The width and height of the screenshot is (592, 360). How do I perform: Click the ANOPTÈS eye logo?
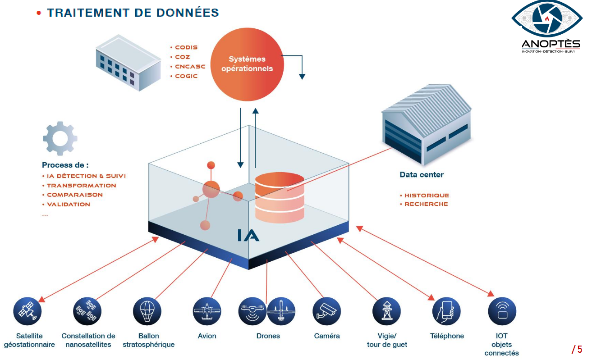click(x=546, y=20)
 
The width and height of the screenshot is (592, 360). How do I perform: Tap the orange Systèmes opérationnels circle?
click(x=247, y=64)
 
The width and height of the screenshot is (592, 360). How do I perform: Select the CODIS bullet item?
click(x=186, y=47)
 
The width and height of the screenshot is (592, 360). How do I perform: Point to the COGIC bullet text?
click(x=186, y=76)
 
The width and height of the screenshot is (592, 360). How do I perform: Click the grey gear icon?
click(x=60, y=138)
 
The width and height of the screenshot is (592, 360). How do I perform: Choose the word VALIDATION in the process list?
click(x=69, y=205)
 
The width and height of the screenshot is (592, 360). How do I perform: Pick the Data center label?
click(x=422, y=175)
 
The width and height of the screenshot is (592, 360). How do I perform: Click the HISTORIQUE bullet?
click(x=427, y=196)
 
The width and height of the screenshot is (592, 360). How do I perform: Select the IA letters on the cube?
click(x=248, y=235)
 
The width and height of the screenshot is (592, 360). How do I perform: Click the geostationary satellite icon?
click(x=27, y=311)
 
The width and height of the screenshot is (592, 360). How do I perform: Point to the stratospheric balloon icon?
click(x=147, y=311)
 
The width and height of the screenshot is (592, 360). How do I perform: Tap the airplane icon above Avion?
click(x=207, y=311)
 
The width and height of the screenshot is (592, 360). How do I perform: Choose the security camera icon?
click(x=326, y=311)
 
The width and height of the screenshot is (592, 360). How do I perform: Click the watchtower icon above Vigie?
click(x=386, y=311)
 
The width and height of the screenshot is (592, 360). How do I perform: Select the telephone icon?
click(x=446, y=311)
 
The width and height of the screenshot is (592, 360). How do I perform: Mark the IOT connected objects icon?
click(x=502, y=311)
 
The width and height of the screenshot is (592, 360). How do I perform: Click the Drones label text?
click(x=268, y=336)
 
